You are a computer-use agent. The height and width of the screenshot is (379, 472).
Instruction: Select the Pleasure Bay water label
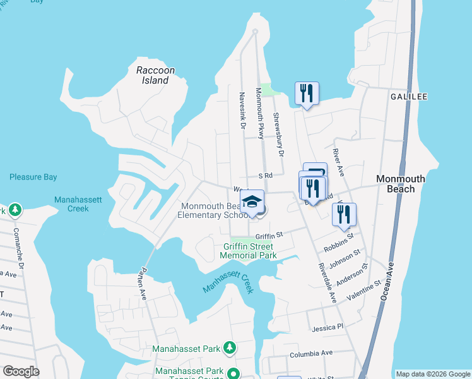click(33, 177)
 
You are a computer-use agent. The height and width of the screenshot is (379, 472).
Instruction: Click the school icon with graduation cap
click(252, 202)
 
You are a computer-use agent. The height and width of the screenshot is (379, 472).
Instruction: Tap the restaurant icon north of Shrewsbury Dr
click(307, 93)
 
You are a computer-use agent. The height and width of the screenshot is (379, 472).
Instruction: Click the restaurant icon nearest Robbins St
click(344, 215)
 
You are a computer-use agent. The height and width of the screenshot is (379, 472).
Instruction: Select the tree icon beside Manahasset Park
click(230, 347)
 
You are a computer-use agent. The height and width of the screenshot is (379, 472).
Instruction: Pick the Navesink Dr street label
click(242, 109)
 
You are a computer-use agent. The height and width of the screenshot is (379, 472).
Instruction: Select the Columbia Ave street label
click(310, 354)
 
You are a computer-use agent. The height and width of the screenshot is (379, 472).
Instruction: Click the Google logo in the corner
click(21, 371)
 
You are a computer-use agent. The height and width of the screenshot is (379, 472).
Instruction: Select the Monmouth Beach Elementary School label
click(211, 210)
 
